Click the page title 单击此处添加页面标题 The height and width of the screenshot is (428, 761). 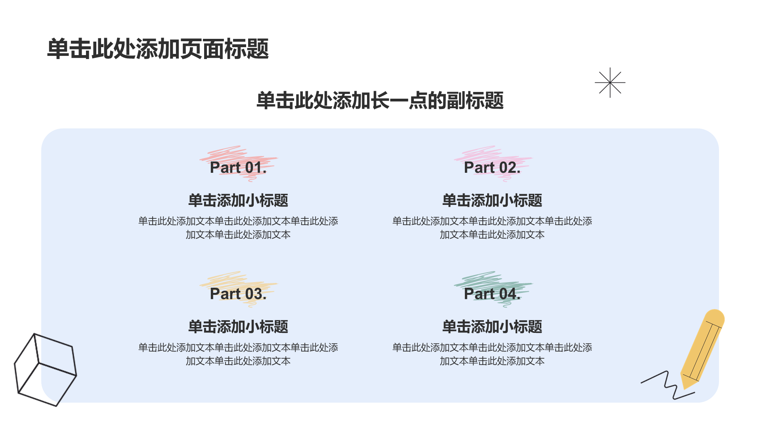point(158,49)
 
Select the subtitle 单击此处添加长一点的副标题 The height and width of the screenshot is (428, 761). point(380,100)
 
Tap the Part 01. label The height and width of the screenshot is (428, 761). point(238,168)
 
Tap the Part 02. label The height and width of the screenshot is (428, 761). point(492,168)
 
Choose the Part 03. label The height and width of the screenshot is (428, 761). point(238,294)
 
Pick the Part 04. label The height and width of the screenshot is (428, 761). point(492,294)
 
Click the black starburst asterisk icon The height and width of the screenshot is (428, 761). point(610,82)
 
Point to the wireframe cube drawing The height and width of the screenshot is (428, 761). point(45,370)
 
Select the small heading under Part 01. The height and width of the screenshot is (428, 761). point(238,201)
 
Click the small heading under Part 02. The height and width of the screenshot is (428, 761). point(492,201)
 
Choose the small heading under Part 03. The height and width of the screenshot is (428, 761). point(238,327)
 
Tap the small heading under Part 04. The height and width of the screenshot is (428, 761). point(492,327)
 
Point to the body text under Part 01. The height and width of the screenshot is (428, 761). point(238,228)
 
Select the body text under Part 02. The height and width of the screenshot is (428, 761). point(492,228)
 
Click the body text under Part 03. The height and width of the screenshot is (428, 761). point(238,354)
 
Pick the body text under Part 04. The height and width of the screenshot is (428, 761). point(492,354)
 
